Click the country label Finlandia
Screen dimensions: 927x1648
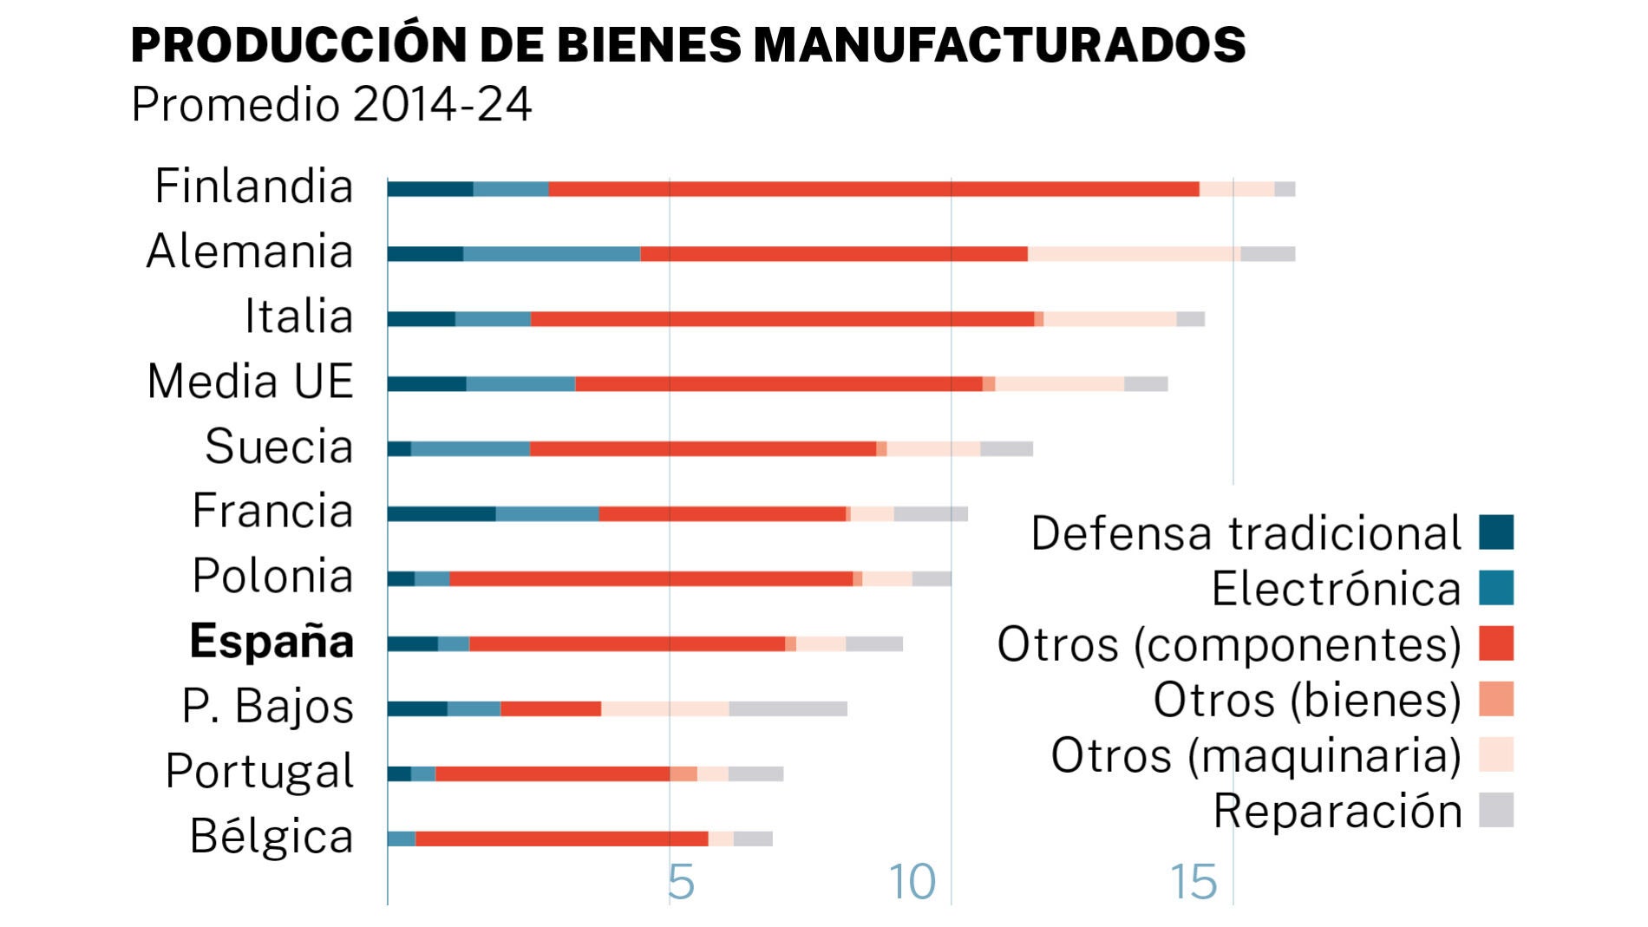tap(253, 186)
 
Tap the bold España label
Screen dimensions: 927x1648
tap(271, 642)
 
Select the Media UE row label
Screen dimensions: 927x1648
tap(251, 382)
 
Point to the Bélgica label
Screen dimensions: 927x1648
tap(271, 837)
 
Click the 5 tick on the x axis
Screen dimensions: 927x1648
tap(681, 883)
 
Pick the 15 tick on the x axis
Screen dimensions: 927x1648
tap(1193, 883)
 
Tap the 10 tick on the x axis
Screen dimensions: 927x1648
tap(912, 883)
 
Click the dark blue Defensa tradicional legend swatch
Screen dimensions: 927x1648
tap(1496, 532)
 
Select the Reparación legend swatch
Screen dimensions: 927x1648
tap(1496, 810)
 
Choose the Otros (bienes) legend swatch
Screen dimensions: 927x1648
tap(1496, 699)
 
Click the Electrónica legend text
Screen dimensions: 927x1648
tap(1336, 590)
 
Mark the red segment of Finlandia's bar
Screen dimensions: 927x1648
tap(873, 189)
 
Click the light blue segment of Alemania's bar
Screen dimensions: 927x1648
tap(552, 254)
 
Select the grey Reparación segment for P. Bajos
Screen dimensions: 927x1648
tap(788, 708)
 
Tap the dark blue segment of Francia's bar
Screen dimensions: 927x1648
tap(441, 513)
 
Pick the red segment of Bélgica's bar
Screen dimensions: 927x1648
tap(561, 839)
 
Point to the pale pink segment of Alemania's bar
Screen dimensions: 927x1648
tap(1134, 254)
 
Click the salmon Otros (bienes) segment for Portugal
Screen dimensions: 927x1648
tap(683, 774)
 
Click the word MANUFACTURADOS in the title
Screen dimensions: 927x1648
tap(999, 45)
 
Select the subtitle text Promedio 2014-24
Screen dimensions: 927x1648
tap(331, 105)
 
